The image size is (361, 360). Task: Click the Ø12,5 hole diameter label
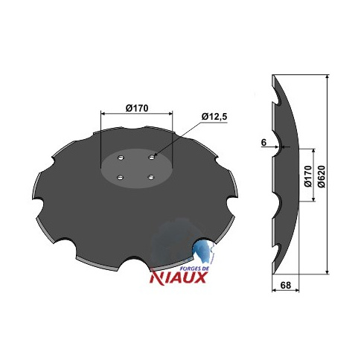pos(214,117)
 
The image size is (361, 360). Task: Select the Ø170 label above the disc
pos(137,108)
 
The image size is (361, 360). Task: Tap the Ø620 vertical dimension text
pos(322,176)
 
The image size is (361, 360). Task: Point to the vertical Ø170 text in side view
pos(308,176)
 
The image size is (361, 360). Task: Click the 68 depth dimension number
pos(285,285)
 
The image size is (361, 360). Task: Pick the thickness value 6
pos(263,143)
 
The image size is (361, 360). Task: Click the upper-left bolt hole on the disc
pos(121,158)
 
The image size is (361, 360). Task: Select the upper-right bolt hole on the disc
pos(152,157)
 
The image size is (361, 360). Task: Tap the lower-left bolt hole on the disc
pos(121,177)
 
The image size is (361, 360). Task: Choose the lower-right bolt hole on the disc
pos(151,177)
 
